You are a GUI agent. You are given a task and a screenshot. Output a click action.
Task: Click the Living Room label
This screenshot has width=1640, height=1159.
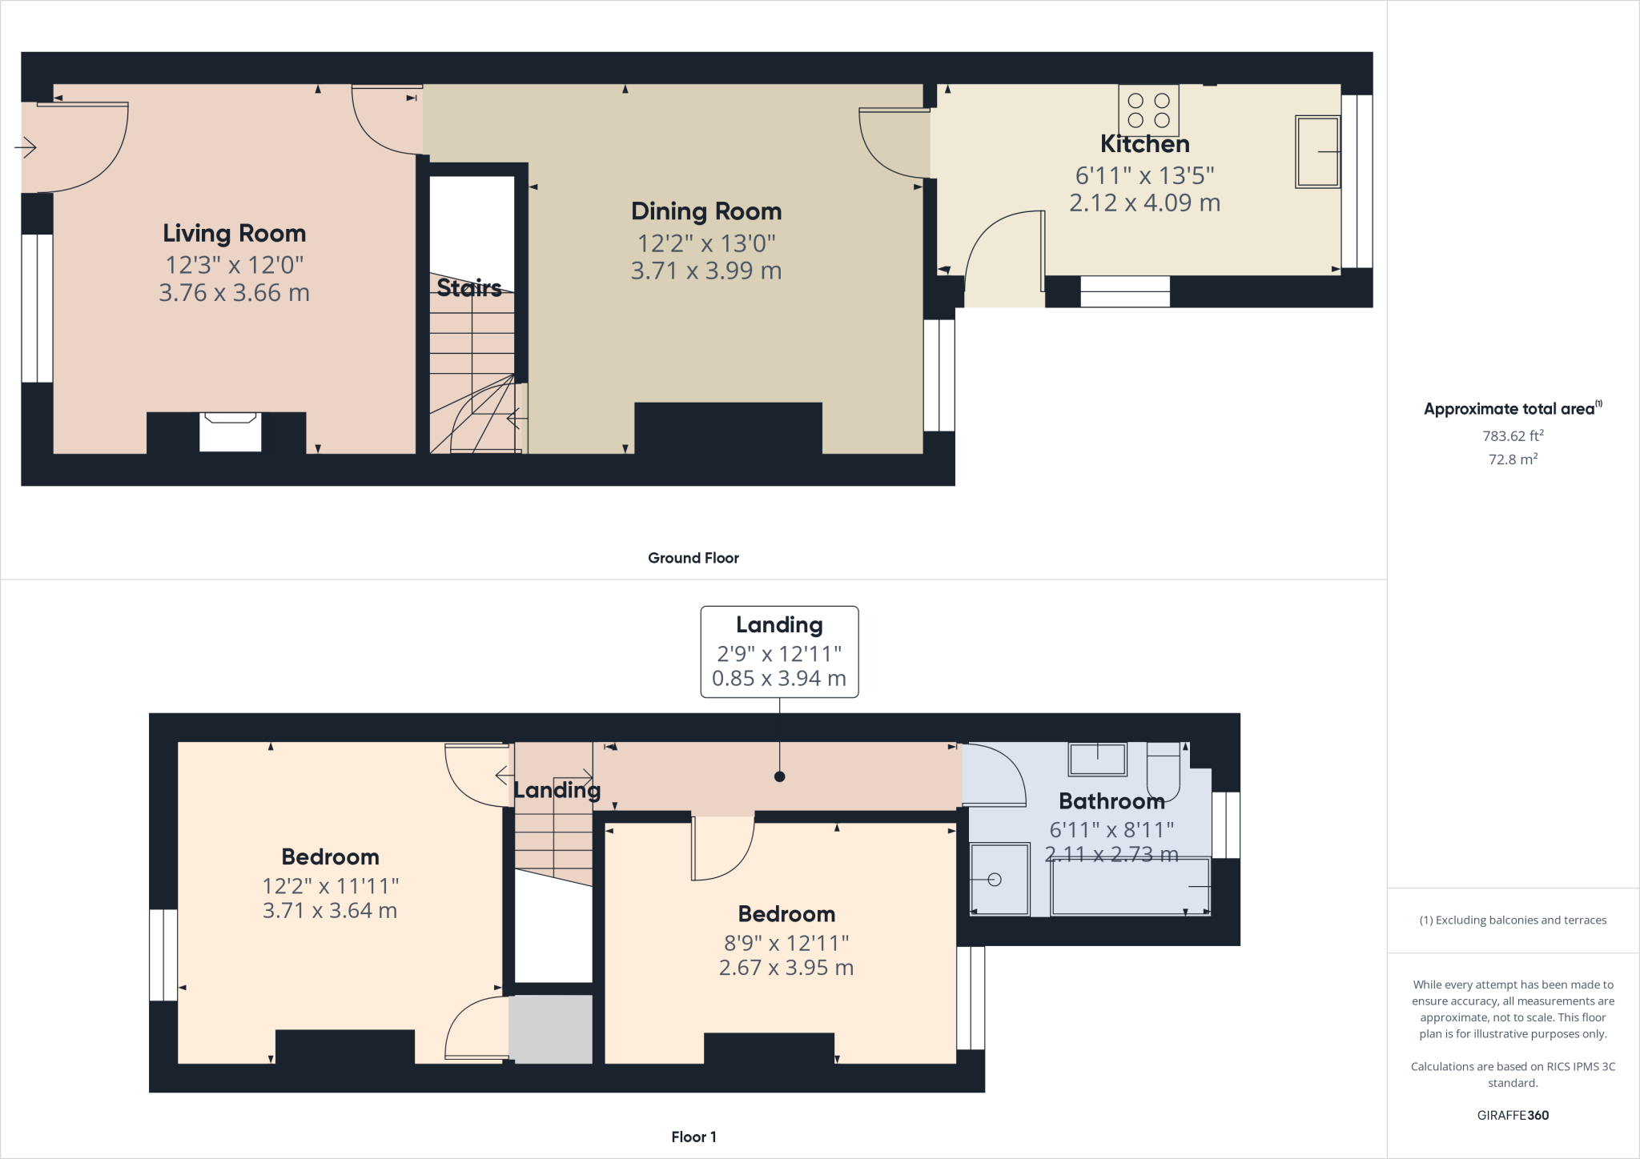tap(234, 233)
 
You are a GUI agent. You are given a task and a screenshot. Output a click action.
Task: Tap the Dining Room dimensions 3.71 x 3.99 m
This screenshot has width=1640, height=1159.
tap(705, 271)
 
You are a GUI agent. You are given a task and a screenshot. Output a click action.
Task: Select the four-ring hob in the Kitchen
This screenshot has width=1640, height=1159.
tap(1148, 110)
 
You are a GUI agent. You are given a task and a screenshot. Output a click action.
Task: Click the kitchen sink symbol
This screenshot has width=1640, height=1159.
tap(1317, 152)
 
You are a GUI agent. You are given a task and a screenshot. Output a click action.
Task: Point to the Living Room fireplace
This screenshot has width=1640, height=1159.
tap(230, 432)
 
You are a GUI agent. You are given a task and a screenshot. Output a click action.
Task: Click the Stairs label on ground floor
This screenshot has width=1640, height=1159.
tap(469, 287)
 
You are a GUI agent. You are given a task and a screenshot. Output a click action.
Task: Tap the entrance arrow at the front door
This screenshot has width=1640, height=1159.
tap(26, 147)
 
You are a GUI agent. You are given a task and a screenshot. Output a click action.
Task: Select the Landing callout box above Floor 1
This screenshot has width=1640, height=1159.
tap(779, 652)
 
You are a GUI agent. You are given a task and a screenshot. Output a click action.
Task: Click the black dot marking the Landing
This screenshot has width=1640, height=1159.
tap(779, 776)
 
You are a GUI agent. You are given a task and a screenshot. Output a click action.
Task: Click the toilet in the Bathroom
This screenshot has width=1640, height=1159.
tap(1164, 770)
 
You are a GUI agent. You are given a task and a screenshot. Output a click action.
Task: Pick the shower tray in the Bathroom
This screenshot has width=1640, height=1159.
tap(999, 879)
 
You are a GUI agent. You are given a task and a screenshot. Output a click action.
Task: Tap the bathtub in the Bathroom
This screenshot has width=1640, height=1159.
tap(1130, 887)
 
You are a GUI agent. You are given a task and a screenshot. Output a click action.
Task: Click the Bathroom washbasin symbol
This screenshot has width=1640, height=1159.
tap(1097, 759)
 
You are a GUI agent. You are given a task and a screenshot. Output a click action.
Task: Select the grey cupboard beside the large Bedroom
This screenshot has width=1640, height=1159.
tap(551, 1029)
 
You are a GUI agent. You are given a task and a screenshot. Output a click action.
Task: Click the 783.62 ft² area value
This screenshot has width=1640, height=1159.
tap(1512, 436)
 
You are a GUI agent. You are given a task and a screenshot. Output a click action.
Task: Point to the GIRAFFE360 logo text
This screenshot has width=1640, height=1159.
tap(1512, 1115)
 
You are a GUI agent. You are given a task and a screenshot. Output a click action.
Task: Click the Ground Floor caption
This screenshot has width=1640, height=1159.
tap(693, 558)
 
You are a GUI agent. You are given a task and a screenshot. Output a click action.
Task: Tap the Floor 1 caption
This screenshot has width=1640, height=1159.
tap(693, 1137)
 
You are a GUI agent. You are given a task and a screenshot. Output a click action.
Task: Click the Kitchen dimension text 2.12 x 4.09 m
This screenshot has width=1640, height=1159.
tap(1144, 203)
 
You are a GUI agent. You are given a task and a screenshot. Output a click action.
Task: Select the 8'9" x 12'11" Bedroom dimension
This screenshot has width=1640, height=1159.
tap(786, 944)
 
